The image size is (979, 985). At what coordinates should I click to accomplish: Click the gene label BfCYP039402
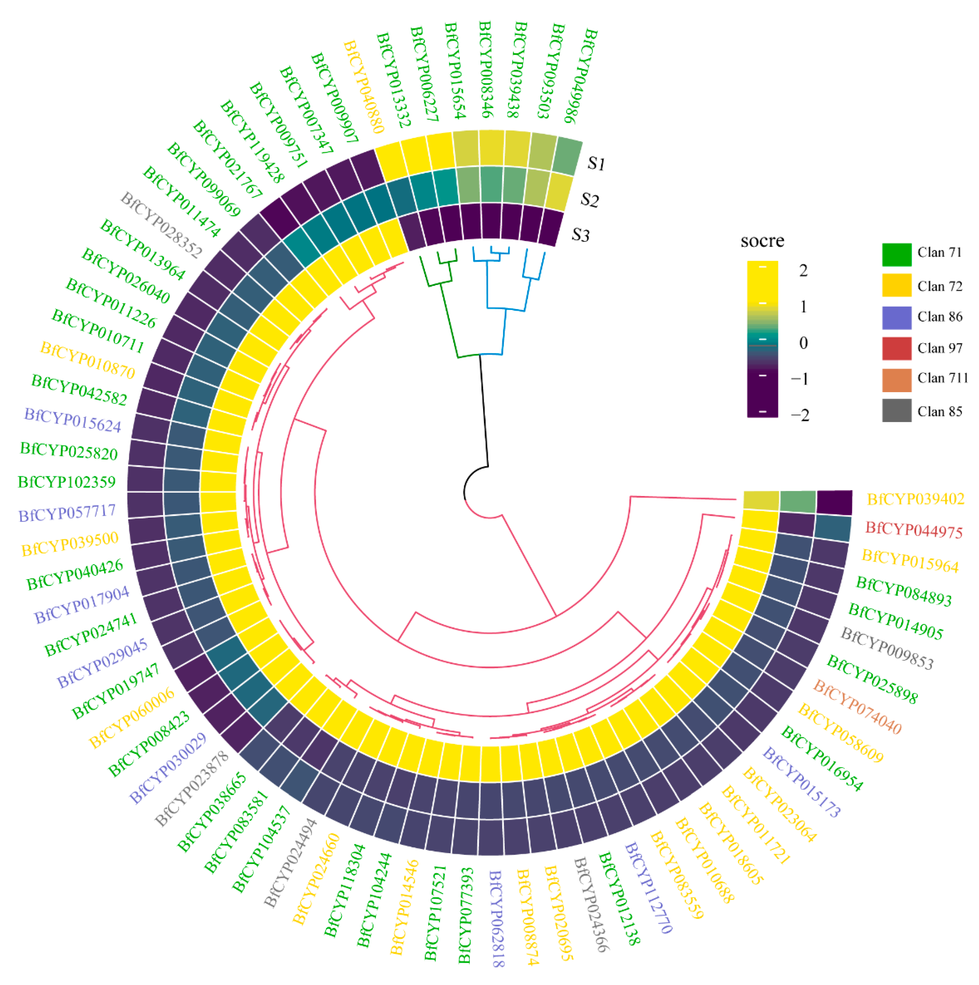point(915,499)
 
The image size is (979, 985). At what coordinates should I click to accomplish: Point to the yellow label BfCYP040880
point(363,87)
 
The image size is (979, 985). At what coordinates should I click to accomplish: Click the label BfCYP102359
point(67,482)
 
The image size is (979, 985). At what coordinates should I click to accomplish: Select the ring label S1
point(596,163)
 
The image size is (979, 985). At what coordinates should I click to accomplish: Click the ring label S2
point(589,200)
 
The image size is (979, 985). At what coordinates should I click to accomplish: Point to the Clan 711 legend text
point(942,378)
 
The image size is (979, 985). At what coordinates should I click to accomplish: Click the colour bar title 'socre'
point(762,241)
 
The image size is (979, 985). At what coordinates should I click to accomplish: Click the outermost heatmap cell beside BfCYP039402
point(834,503)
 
